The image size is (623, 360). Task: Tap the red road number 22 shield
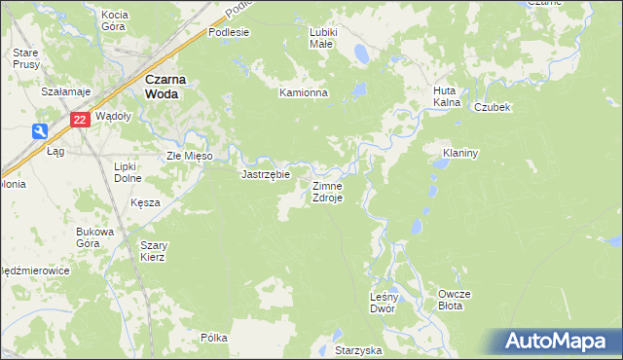[x=81, y=120]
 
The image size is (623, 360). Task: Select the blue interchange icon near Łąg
[x=39, y=131]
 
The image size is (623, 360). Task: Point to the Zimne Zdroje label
[x=326, y=192]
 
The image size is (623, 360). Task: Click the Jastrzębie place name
[x=266, y=175]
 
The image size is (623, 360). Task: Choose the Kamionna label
[x=304, y=93]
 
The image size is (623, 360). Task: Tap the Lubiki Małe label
[x=323, y=38]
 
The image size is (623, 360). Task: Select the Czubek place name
[x=493, y=107]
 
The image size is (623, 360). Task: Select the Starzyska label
[x=358, y=349]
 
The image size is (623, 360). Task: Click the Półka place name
[x=213, y=338]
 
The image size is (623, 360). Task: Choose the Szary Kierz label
[x=153, y=251]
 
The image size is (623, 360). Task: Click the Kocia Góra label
[x=115, y=20]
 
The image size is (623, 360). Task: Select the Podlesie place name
[x=229, y=32]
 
